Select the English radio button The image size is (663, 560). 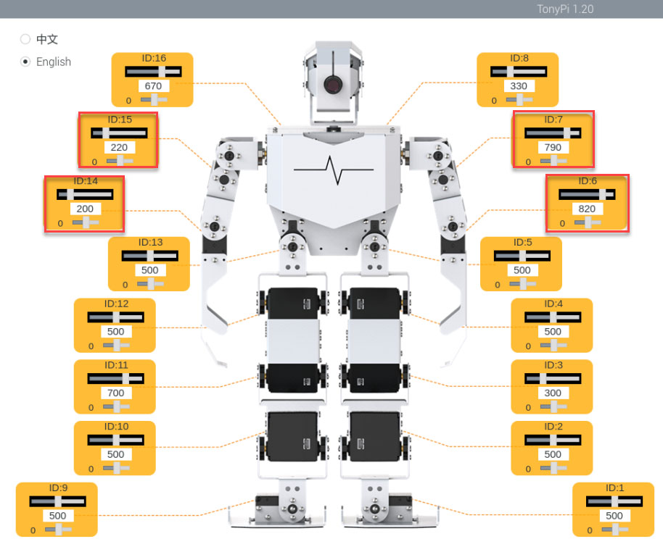(x=25, y=62)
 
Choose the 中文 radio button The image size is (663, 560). (x=25, y=39)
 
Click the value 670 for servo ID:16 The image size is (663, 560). (x=153, y=86)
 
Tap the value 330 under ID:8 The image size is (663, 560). (x=519, y=86)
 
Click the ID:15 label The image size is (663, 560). (x=120, y=120)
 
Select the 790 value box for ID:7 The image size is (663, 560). (x=553, y=147)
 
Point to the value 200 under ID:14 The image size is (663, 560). (x=85, y=209)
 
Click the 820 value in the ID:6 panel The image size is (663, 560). (x=588, y=209)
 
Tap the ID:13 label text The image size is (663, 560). (x=151, y=243)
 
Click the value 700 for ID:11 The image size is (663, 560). (x=116, y=393)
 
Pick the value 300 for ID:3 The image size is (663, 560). (x=553, y=393)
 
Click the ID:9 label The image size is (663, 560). (x=58, y=488)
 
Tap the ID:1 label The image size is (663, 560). (x=615, y=488)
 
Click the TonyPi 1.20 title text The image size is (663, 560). (x=565, y=9)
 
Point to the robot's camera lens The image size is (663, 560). (x=334, y=85)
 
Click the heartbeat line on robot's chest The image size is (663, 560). (x=334, y=170)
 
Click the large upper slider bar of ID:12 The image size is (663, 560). (x=116, y=317)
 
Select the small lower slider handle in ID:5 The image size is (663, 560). (x=524, y=284)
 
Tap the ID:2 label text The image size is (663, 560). (x=553, y=427)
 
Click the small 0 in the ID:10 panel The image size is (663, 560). (x=91, y=469)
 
